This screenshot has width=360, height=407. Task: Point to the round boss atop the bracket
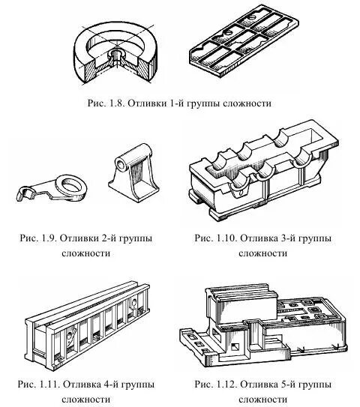point(124,162)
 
